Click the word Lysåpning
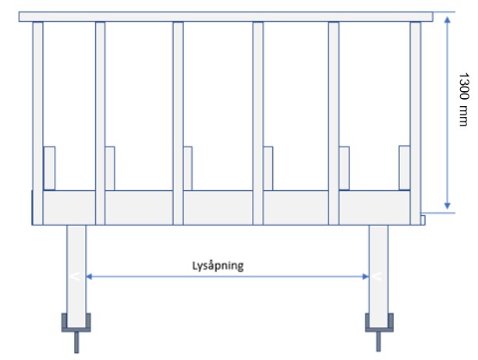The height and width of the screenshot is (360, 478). [218, 266]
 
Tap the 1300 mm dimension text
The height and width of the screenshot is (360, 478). [464, 99]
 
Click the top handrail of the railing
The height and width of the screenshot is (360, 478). [226, 16]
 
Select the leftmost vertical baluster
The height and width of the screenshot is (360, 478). [37, 123]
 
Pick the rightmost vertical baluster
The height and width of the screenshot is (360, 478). [415, 123]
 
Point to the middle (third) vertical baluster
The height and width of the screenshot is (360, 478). [178, 123]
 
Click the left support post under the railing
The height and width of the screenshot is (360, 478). [76, 277]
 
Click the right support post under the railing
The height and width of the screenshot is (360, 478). [379, 277]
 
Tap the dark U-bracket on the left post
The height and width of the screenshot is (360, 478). [76, 330]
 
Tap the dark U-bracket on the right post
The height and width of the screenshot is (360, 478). [379, 330]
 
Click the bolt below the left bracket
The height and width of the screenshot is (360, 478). [76, 342]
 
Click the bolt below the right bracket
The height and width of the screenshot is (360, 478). [378, 341]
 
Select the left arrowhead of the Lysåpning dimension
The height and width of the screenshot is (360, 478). [89, 277]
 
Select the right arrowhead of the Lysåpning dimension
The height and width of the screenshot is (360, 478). [366, 277]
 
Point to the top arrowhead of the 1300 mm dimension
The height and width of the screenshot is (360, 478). [448, 20]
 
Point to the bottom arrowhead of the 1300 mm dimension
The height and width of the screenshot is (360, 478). [448, 206]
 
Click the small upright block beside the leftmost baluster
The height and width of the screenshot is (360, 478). [49, 168]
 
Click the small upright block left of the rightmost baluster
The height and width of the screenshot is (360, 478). [405, 168]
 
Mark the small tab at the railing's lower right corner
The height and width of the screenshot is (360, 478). [423, 221]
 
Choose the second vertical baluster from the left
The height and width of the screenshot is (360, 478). [101, 123]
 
